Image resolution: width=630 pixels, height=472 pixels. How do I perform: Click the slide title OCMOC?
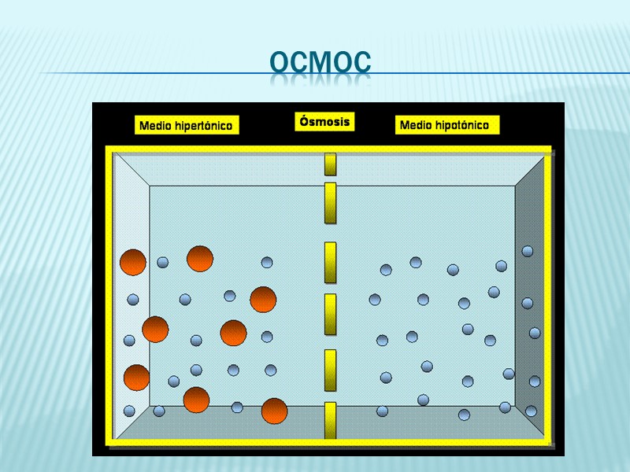[x=319, y=63]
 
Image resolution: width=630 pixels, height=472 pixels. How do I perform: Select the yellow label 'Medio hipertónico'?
[x=187, y=125]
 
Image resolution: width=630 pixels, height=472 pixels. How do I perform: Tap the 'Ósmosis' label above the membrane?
[x=324, y=122]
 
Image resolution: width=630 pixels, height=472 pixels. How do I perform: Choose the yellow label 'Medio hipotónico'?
[x=445, y=125]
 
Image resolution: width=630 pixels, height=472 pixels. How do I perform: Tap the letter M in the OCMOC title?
[x=319, y=63]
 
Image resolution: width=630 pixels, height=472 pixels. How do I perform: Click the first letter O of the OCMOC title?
[x=280, y=63]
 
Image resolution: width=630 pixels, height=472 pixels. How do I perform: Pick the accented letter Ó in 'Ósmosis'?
[x=304, y=121]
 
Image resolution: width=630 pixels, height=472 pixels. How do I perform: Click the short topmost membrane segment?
[x=331, y=164]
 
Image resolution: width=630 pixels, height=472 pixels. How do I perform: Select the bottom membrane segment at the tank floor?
[x=331, y=420]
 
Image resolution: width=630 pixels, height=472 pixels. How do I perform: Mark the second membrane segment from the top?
[x=331, y=203]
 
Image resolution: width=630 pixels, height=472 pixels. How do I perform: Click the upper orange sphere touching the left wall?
[x=132, y=262]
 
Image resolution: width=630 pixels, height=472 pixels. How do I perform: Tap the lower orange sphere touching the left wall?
[x=136, y=378]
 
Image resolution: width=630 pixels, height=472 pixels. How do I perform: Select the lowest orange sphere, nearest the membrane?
[x=274, y=411]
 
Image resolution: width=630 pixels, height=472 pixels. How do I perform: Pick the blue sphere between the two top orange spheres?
[x=163, y=262]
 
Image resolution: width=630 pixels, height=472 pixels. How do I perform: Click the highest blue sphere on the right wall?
[x=528, y=251]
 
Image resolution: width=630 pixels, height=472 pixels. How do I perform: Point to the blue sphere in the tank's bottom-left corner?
[x=129, y=411]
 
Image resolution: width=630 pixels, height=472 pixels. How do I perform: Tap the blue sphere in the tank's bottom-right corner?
[x=532, y=411]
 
